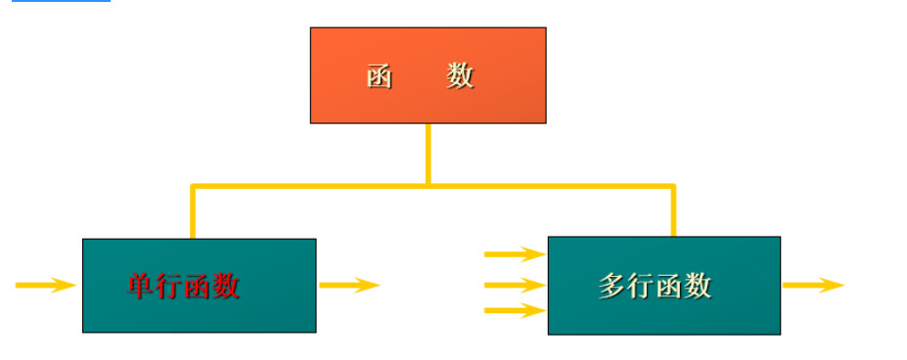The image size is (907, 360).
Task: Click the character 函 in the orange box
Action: coord(380,76)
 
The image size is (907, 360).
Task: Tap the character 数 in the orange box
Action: coord(461,76)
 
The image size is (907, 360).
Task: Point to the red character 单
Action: coord(142,286)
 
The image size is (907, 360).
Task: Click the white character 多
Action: coord(612,286)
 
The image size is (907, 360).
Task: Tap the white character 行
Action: coord(641,286)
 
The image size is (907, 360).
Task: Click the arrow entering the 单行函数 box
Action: coord(45,286)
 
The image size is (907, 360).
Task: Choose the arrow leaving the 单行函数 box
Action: coord(348,286)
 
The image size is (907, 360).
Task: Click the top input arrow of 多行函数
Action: coord(514,254)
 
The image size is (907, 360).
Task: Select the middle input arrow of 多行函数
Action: coord(514,286)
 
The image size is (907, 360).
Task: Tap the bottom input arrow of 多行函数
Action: coord(514,311)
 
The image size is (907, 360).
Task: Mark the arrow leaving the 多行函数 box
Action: coord(812,286)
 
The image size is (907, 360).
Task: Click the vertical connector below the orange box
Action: coord(428,153)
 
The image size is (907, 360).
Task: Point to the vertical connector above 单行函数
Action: coord(193,211)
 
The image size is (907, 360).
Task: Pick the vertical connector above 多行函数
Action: coord(673,210)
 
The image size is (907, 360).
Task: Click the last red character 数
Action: coord(226,286)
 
